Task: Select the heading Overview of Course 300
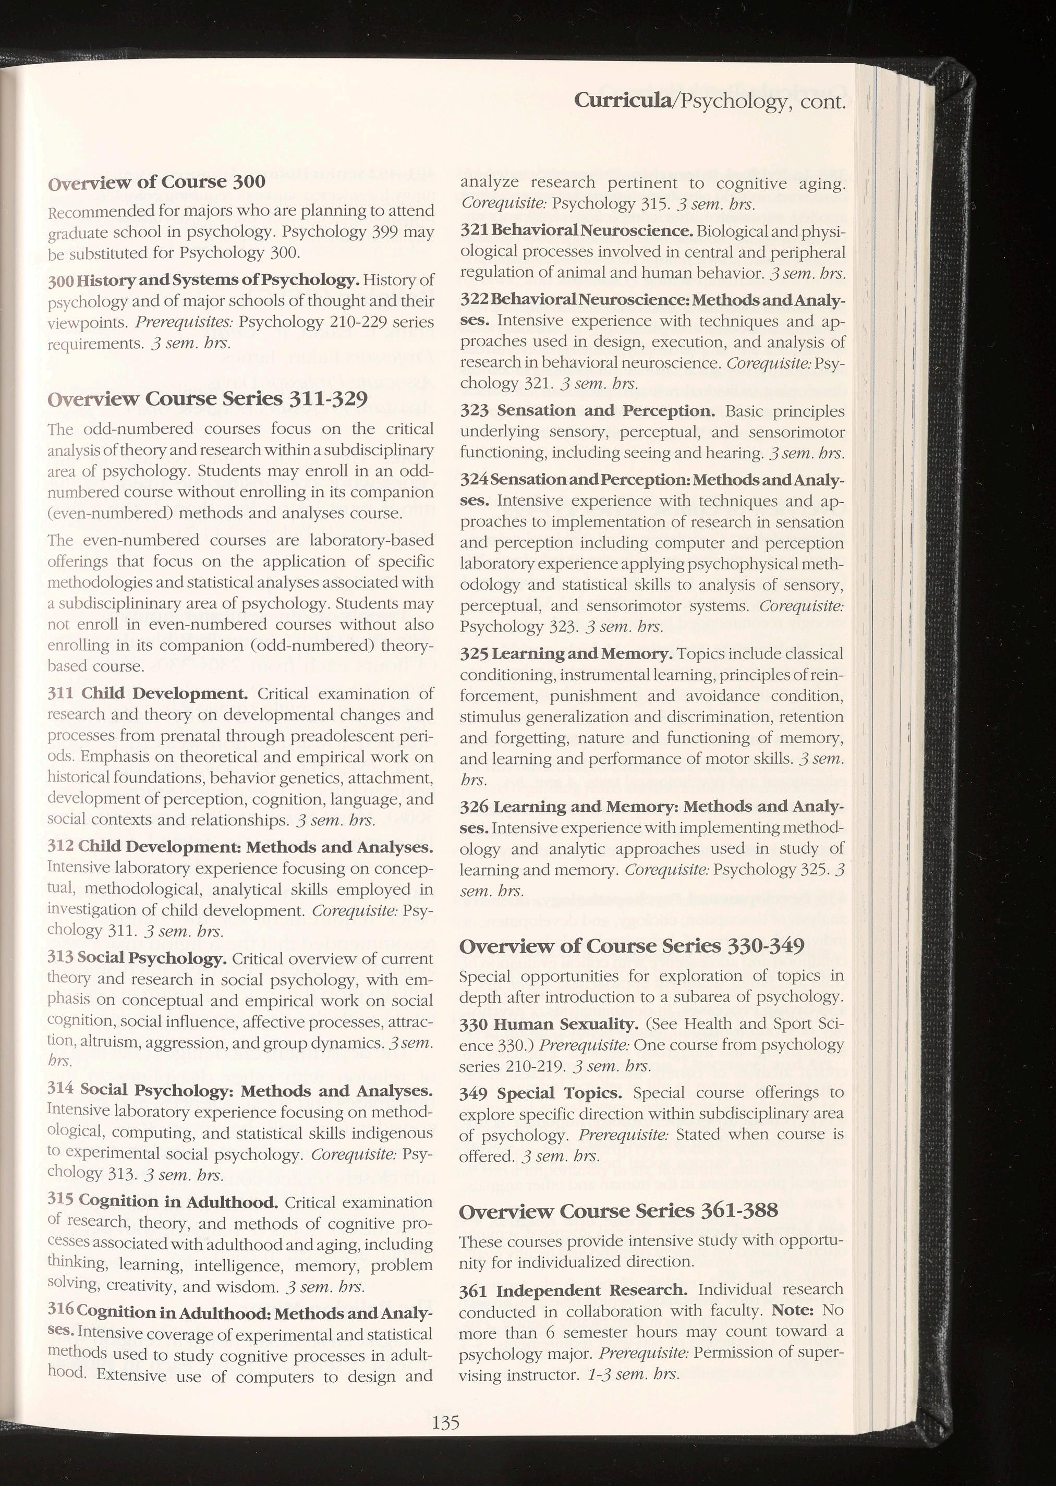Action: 157,181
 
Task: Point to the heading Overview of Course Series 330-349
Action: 632,946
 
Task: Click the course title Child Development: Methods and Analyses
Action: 256,848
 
